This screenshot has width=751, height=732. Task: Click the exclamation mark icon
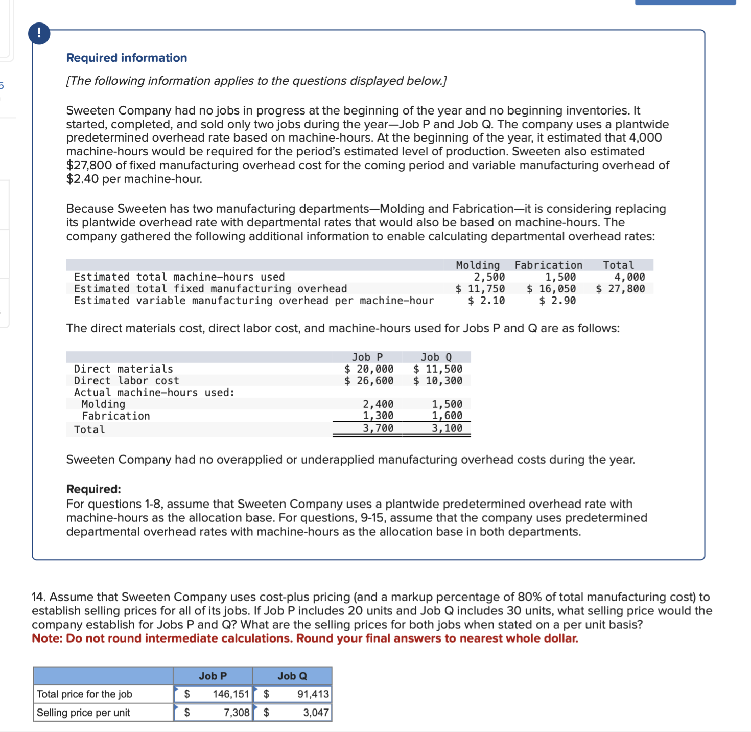click(x=39, y=34)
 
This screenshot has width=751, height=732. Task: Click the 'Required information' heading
click(x=127, y=58)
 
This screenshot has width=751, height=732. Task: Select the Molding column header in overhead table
click(x=478, y=265)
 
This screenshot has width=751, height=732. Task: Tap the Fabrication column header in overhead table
click(x=548, y=265)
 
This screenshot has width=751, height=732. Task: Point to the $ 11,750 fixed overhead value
click(x=480, y=289)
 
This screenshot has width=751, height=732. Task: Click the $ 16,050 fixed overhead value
click(x=551, y=289)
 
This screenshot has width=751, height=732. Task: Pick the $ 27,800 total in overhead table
click(x=620, y=289)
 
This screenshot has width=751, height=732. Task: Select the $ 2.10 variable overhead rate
click(x=486, y=301)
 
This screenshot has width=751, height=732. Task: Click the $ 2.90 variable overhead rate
click(x=557, y=301)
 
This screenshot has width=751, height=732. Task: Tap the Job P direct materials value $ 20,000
click(x=369, y=369)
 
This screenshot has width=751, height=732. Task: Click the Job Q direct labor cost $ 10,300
click(x=438, y=381)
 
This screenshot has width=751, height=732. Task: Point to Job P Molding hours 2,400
click(x=378, y=404)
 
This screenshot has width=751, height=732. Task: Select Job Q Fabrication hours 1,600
click(x=447, y=416)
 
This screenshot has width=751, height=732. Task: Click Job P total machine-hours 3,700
click(x=378, y=428)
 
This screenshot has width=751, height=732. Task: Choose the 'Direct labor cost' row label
click(x=127, y=381)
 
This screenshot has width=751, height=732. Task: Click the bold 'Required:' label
click(x=93, y=489)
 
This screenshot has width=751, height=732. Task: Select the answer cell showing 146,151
click(x=231, y=694)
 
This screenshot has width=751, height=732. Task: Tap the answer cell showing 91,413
click(x=313, y=694)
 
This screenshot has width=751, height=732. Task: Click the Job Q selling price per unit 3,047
click(x=316, y=713)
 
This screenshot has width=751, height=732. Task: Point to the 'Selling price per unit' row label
click(x=83, y=713)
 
